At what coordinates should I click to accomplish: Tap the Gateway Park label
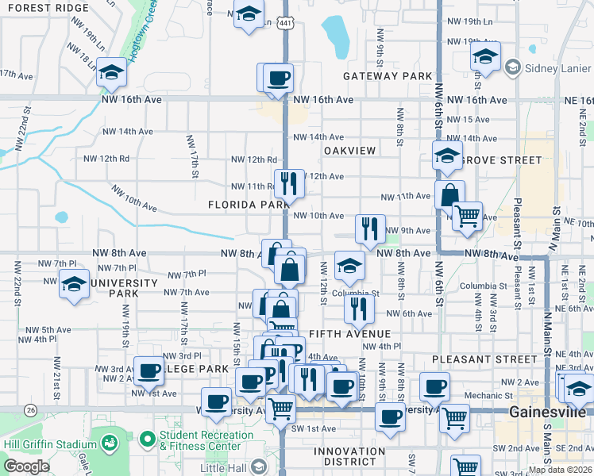click(388, 76)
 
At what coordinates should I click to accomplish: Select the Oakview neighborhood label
click(349, 150)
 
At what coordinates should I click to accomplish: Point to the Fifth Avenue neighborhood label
click(348, 333)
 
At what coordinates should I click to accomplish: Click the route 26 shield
click(30, 409)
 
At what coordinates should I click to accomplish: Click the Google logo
click(26, 466)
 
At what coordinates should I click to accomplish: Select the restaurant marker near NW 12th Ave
click(290, 184)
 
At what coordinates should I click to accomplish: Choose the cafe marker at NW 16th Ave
click(278, 79)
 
